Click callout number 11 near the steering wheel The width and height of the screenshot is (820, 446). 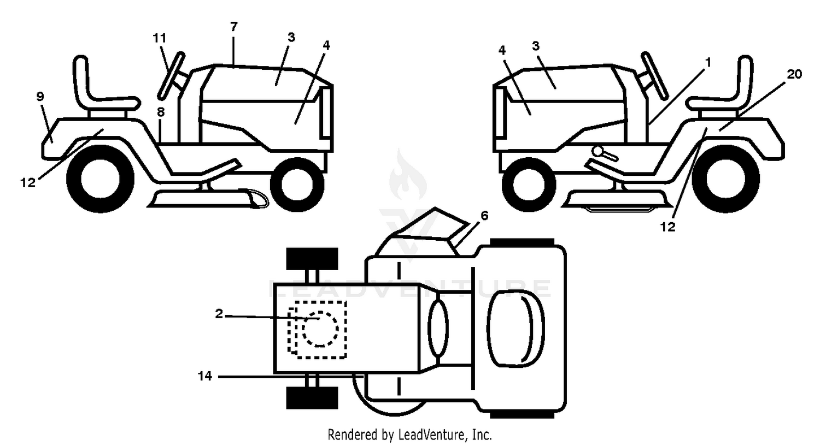click(x=160, y=38)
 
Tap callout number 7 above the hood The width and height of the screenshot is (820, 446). click(x=234, y=26)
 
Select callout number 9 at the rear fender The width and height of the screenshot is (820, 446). click(x=40, y=97)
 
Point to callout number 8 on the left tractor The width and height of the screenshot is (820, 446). click(x=161, y=112)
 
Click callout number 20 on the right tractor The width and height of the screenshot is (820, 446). click(x=794, y=74)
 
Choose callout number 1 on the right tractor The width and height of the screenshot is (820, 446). click(x=708, y=63)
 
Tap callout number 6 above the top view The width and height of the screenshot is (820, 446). click(x=484, y=216)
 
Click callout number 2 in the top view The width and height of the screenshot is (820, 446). click(x=219, y=314)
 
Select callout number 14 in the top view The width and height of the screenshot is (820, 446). click(x=205, y=376)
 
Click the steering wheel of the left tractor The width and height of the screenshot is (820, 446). click(x=171, y=76)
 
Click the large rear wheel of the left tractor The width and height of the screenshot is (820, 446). click(x=100, y=179)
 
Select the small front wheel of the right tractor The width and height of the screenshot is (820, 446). click(x=528, y=185)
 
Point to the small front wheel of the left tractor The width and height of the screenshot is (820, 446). click(x=297, y=185)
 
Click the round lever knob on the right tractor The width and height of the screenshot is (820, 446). click(x=597, y=151)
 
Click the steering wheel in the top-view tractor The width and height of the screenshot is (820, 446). click(x=438, y=328)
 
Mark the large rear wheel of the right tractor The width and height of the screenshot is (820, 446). click(x=726, y=179)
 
